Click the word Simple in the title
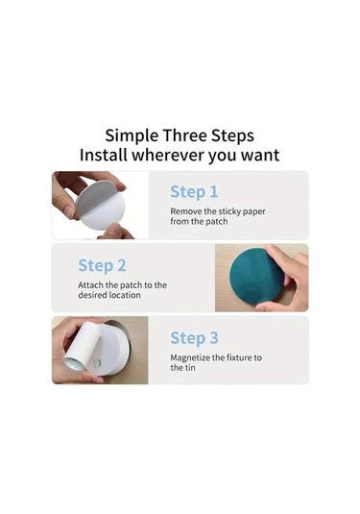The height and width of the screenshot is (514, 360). (132, 136)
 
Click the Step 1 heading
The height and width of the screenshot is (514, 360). (194, 192)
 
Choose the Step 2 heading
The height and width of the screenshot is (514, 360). (102, 265)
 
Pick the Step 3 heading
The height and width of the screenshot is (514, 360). (194, 338)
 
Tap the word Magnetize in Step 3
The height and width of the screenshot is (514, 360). (190, 357)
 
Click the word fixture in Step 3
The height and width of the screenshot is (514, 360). (232, 357)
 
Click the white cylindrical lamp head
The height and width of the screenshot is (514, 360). (81, 347)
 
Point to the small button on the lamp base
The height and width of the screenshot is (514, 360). (97, 363)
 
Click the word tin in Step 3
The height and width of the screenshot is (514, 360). (190, 368)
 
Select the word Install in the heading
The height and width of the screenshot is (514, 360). (104, 155)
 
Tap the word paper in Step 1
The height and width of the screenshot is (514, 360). (254, 212)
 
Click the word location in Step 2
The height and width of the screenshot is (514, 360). (125, 295)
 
